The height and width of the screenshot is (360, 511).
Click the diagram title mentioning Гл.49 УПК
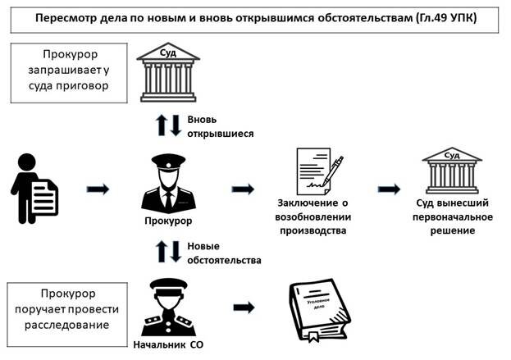click(256, 17)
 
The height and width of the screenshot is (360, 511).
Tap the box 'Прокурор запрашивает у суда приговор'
click(69, 73)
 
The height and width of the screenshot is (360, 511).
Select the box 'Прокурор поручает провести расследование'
click(67, 314)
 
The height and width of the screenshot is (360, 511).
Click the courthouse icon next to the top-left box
click(168, 72)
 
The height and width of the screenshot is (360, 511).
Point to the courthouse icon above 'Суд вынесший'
click(452, 171)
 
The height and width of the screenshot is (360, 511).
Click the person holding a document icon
click(34, 189)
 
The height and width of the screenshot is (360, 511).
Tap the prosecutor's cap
click(168, 162)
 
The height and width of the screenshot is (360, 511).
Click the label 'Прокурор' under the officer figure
click(168, 221)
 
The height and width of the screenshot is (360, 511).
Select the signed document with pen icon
click(319, 171)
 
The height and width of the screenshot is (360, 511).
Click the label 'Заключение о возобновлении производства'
click(313, 216)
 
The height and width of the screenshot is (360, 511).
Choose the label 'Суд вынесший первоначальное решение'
click(453, 216)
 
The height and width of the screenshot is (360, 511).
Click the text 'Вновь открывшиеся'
click(221, 126)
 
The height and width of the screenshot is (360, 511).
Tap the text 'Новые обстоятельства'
click(224, 253)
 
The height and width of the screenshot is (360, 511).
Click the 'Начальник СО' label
click(168, 344)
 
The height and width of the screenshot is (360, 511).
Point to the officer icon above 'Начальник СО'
click(168, 307)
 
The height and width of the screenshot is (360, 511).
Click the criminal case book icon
click(320, 310)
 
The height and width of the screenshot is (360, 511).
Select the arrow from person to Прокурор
click(98, 189)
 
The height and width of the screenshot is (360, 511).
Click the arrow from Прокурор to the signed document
click(243, 189)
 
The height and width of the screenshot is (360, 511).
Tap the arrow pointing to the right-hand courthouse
click(389, 189)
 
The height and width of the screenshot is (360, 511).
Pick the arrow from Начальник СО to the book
click(244, 308)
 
